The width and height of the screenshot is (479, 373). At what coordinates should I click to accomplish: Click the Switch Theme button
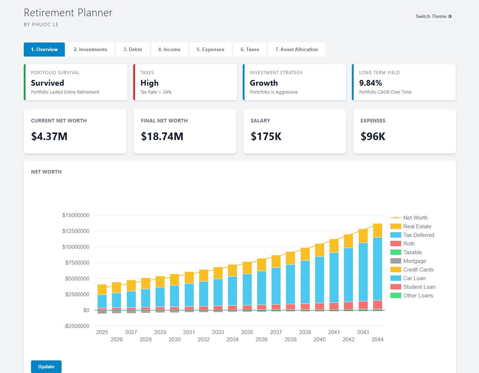433,17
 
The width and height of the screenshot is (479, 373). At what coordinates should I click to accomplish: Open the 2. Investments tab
90,50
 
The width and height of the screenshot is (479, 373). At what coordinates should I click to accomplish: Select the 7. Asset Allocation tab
296,50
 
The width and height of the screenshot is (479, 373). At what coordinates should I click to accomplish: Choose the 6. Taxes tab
250,50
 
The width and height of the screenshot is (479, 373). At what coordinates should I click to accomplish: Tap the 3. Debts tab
133,50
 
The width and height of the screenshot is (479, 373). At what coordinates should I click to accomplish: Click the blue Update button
46,367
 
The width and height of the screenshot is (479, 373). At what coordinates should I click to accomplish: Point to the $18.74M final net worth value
162,136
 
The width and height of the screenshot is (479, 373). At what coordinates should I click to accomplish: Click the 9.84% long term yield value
370,83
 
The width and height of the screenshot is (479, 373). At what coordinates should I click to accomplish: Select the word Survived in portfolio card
48,83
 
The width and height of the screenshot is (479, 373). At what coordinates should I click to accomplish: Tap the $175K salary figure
266,136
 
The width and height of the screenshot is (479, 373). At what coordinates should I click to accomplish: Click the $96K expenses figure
373,136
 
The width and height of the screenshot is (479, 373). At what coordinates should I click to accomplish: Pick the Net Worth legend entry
415,218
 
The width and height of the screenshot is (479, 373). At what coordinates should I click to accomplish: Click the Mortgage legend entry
414,261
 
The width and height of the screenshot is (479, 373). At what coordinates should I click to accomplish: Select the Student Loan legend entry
419,287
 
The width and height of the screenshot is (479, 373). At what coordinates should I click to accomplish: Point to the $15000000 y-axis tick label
76,215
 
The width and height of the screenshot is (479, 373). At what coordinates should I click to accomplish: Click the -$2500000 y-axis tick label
76,326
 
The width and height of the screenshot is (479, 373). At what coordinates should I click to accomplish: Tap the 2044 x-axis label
377,340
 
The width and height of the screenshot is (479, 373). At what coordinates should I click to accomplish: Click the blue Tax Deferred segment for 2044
377,268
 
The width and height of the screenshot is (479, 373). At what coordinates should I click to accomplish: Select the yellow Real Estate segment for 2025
102,289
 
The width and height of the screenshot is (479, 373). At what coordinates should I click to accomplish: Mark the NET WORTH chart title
46,172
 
